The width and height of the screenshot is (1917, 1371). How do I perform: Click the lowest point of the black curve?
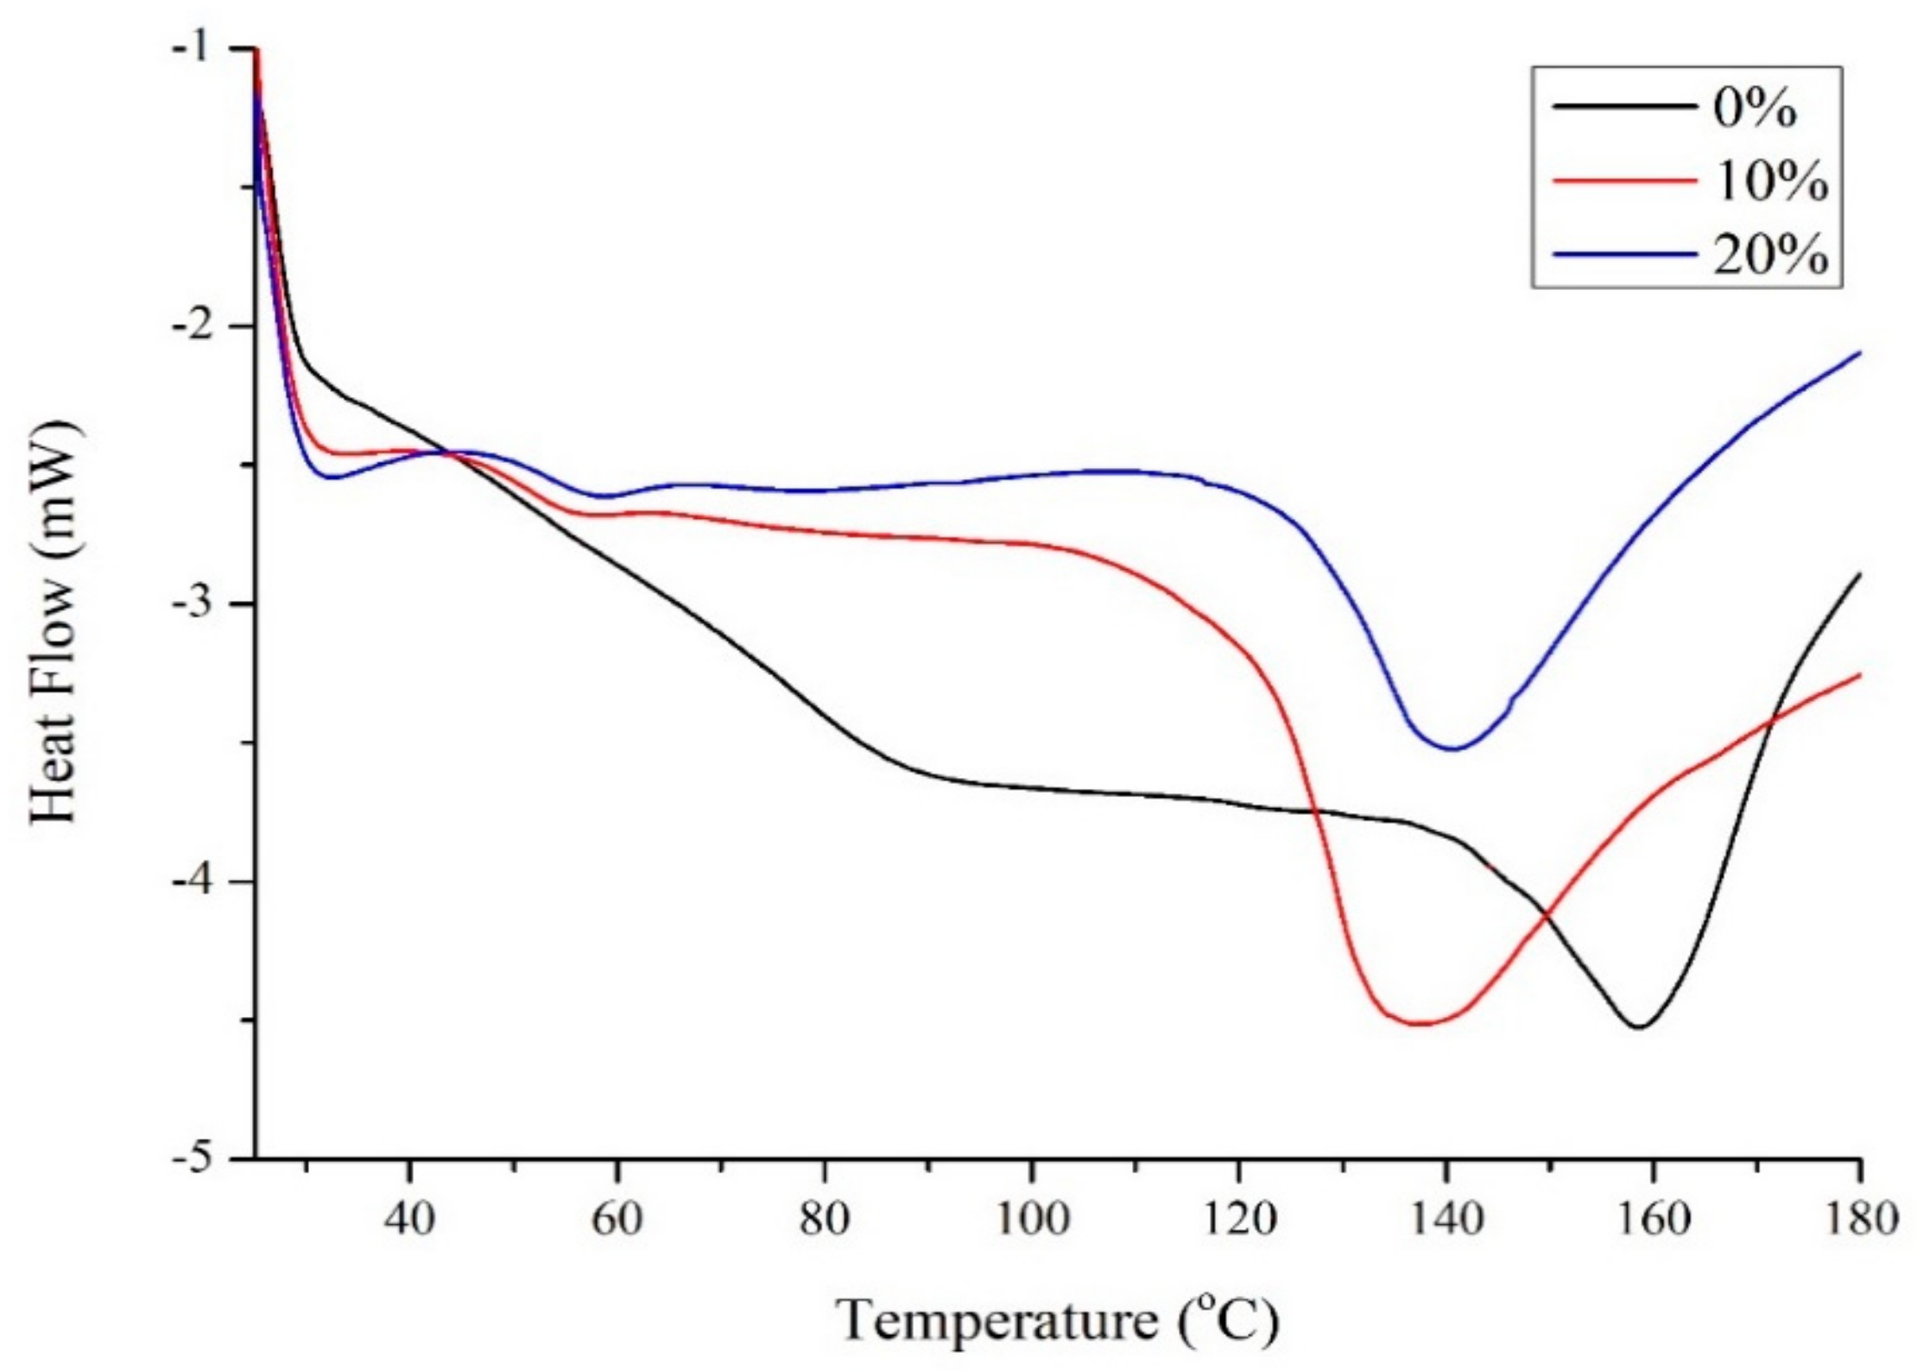[1638, 1027]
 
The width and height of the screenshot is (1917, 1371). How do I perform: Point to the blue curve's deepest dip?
[1452, 749]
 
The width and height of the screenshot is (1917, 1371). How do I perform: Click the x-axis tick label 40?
[409, 1220]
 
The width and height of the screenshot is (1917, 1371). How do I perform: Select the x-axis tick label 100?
[1030, 1220]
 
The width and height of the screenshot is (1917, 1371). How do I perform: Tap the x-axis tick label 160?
[1652, 1220]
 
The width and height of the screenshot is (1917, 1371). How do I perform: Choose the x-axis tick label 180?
[1857, 1220]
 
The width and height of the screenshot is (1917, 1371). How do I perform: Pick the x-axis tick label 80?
[824, 1220]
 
